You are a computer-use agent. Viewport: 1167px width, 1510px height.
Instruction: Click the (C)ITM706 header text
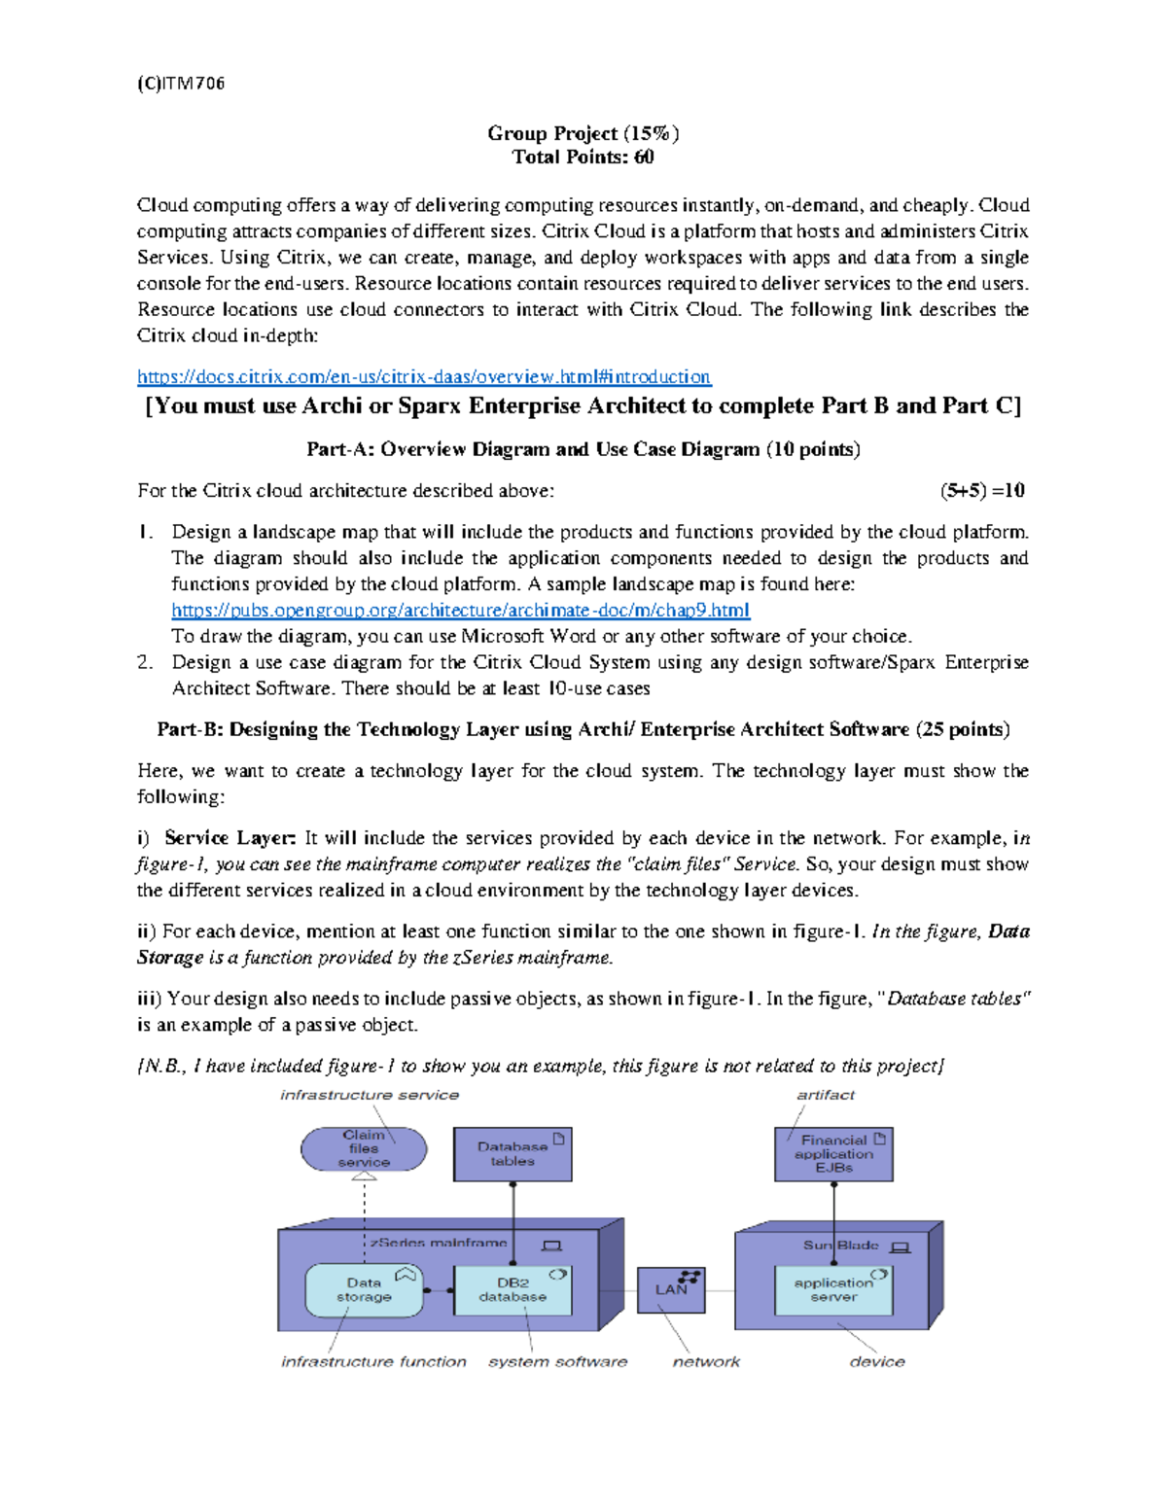[x=181, y=84]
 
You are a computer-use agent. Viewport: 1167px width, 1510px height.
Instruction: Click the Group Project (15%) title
[x=583, y=133]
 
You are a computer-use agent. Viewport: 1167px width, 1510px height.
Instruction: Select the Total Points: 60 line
[x=583, y=158]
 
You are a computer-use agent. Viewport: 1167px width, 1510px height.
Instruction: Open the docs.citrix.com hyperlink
[x=423, y=376]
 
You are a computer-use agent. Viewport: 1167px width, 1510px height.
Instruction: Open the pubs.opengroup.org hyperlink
[x=460, y=611]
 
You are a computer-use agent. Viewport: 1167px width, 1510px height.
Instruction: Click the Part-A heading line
[x=583, y=449]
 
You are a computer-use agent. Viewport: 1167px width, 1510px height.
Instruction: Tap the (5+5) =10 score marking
[x=981, y=491]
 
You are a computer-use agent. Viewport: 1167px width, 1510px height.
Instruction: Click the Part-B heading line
[x=583, y=729]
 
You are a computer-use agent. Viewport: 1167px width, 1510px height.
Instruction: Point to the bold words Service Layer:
[x=230, y=838]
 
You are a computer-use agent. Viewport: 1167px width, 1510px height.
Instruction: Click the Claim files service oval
[x=364, y=1149]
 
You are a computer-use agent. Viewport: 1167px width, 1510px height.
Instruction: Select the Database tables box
[x=513, y=1154]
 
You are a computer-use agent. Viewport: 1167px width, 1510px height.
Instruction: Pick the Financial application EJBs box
[x=833, y=1154]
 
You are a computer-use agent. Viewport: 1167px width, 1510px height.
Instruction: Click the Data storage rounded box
[x=364, y=1290]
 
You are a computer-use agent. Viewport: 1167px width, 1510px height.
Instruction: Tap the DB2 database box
[x=513, y=1290]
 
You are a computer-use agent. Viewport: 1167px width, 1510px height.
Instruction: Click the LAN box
[x=671, y=1290]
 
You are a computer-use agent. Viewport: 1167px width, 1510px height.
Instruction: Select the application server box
[x=833, y=1290]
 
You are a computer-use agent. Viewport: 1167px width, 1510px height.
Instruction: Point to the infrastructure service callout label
[x=370, y=1095]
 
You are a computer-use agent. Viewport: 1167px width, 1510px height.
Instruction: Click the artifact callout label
[x=826, y=1095]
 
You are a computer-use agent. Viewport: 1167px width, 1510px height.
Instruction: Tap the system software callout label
[x=557, y=1362]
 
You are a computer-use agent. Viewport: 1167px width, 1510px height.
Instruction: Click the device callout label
[x=876, y=1362]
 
